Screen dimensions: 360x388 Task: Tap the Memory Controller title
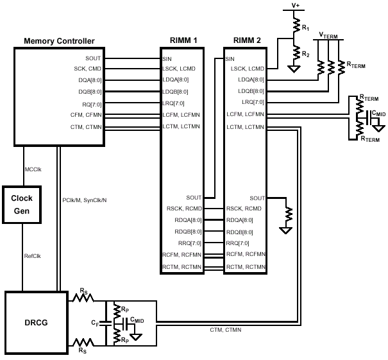click(59, 41)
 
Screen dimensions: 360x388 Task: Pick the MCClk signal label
click(33, 169)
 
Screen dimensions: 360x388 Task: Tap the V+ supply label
click(296, 5)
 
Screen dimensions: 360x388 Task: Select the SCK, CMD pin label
click(89, 69)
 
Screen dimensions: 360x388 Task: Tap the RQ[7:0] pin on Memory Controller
click(90, 103)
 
